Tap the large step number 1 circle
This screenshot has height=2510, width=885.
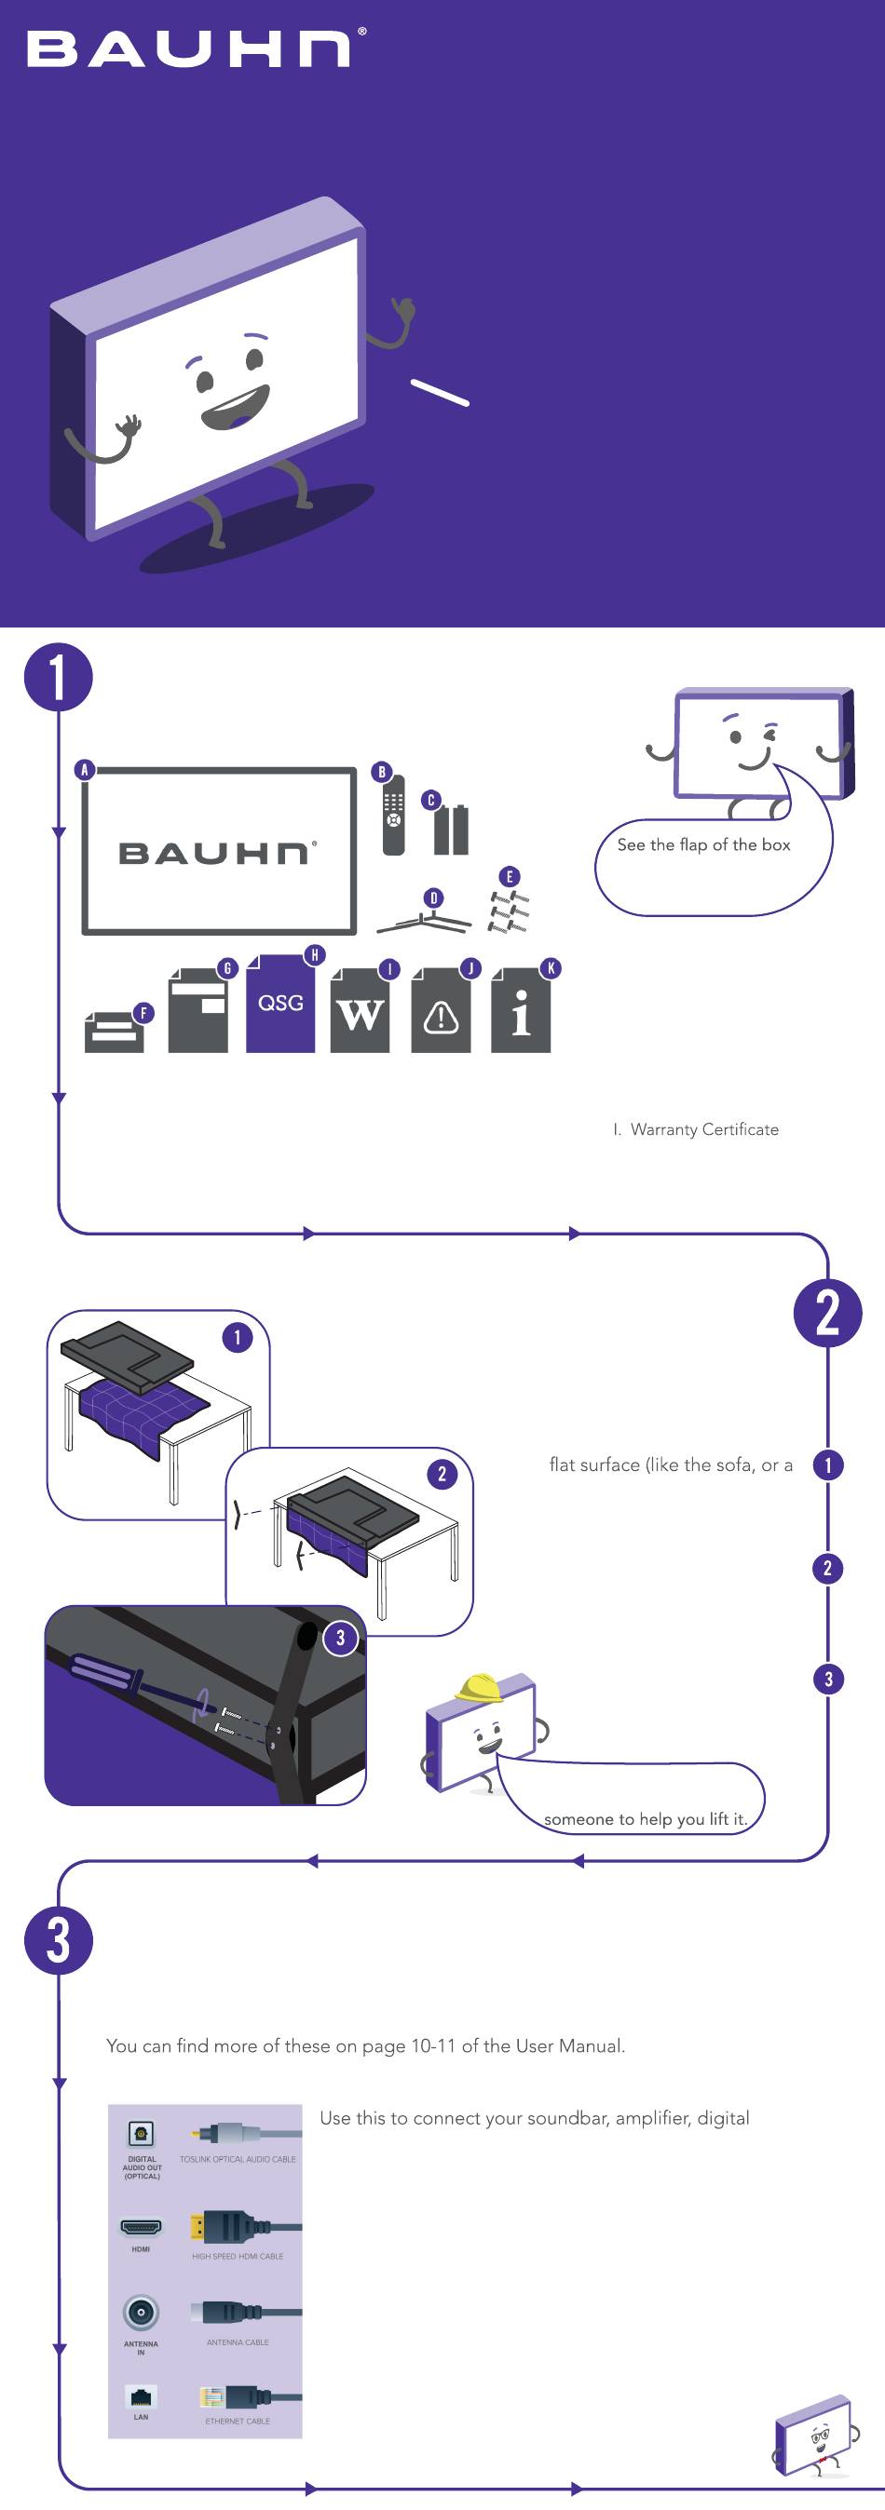coord(59,677)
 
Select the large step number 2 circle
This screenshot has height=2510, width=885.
coord(827,1313)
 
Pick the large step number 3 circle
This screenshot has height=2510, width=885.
coord(59,1939)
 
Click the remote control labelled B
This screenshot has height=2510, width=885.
coord(394,816)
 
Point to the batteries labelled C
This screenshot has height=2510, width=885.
coord(451,830)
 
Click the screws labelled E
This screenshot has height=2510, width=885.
coord(508,911)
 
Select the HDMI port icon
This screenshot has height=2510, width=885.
coord(142,2227)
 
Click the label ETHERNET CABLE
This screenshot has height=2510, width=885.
coord(238,2422)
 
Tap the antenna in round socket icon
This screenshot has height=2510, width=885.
coord(142,2313)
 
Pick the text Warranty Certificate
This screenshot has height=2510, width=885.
coord(704,1129)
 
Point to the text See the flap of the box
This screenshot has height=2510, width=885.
coord(703,844)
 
